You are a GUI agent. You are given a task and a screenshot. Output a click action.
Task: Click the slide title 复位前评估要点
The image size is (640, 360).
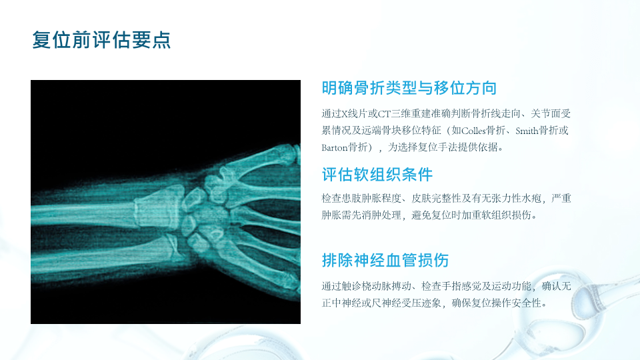(101, 40)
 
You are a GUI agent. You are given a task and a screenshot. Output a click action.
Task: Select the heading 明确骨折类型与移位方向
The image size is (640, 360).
(409, 88)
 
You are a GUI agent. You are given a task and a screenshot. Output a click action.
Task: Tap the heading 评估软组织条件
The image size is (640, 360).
(377, 175)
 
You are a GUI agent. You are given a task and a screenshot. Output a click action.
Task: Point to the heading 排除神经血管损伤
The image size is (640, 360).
(385, 261)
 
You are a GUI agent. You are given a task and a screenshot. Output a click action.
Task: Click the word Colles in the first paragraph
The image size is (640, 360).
(474, 131)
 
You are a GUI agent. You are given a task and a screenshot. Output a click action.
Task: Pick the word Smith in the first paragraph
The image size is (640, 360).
(527, 131)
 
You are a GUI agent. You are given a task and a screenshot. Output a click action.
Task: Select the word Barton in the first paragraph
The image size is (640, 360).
(334, 147)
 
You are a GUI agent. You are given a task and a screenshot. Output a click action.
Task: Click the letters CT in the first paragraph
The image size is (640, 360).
(384, 113)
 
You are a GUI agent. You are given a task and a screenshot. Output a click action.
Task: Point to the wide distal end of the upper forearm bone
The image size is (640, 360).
(159, 206)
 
